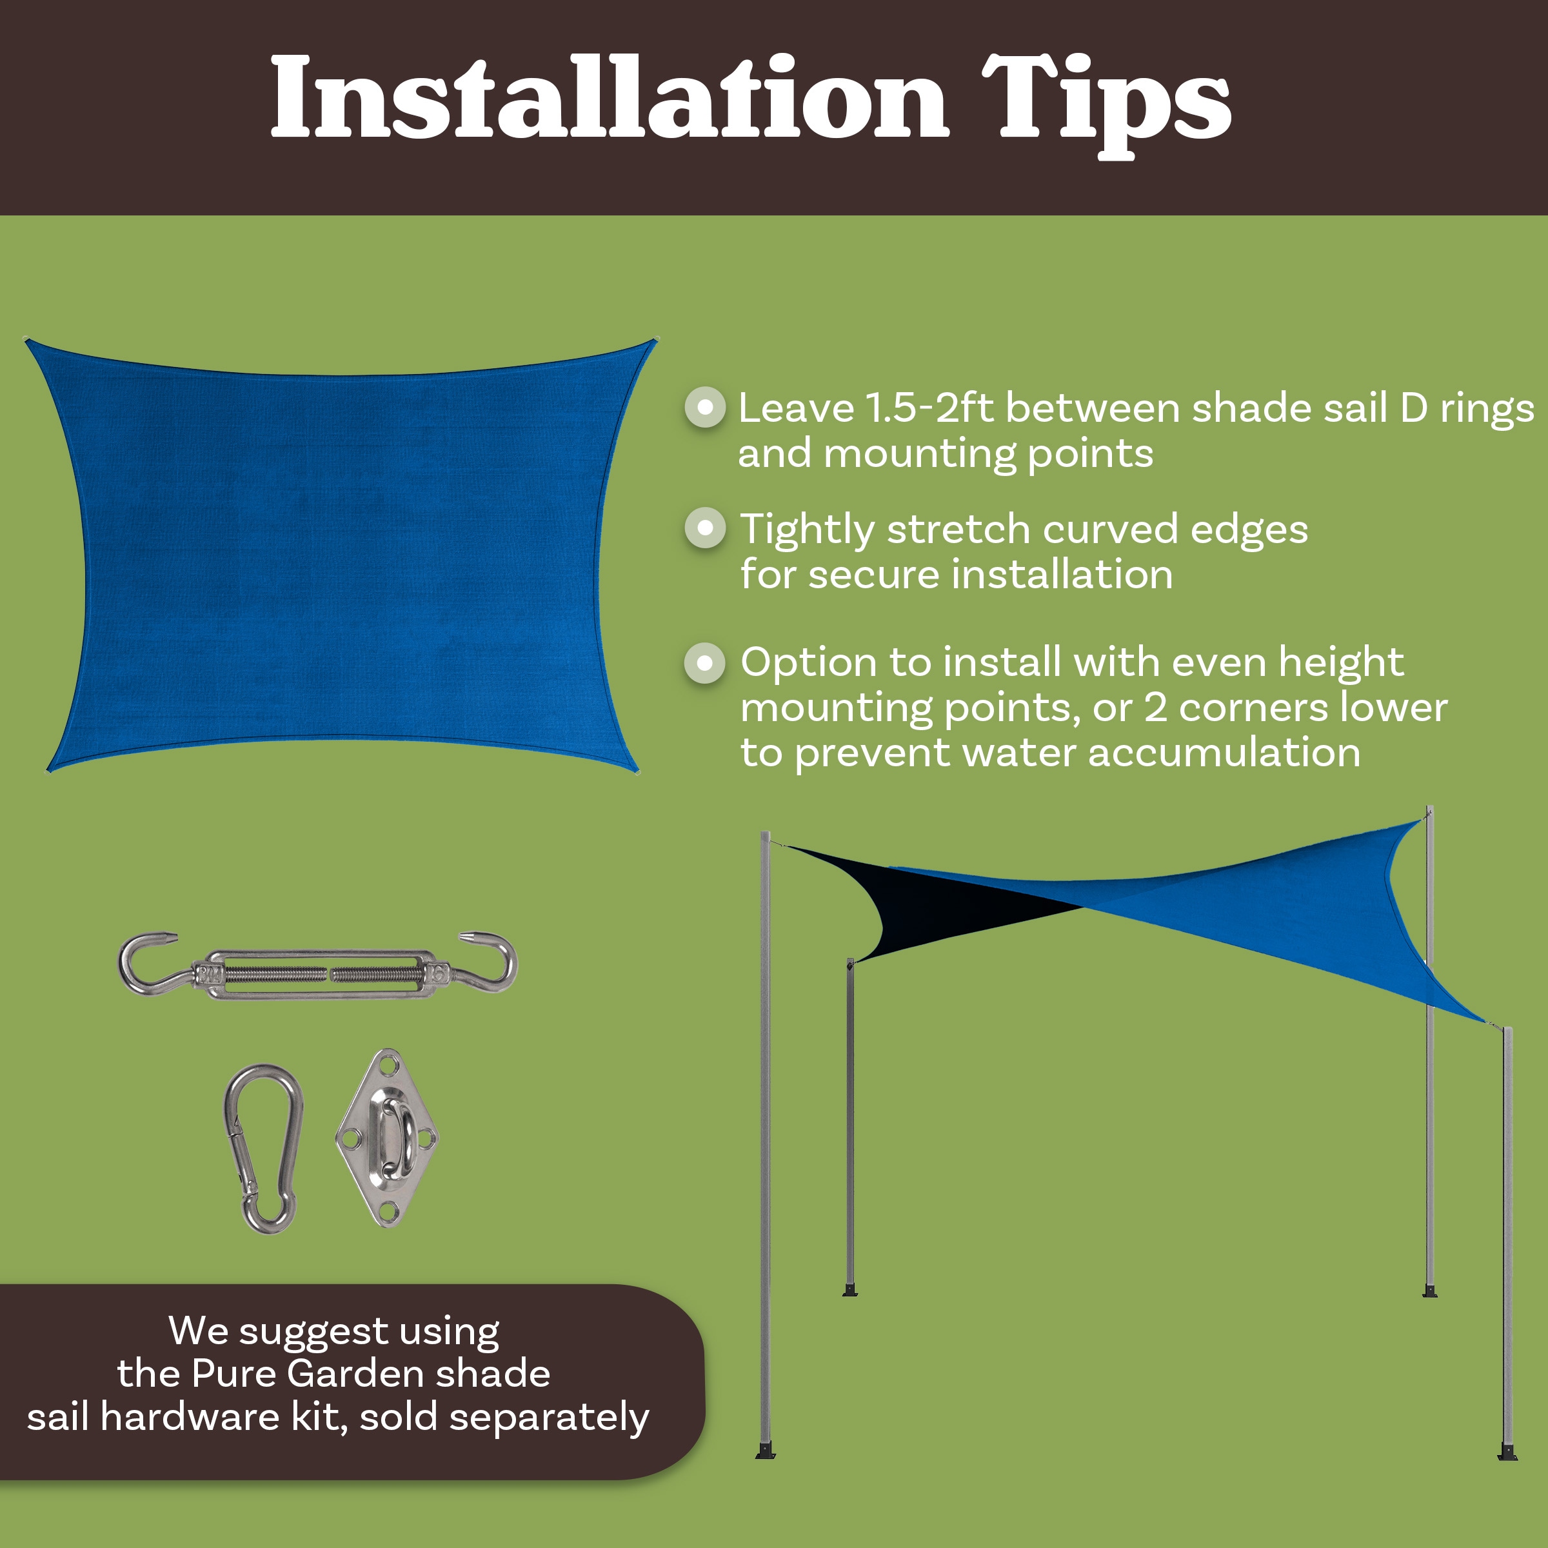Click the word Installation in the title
609,98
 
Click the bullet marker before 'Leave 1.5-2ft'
705,407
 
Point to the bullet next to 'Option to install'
705,662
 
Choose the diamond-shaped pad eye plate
388,1138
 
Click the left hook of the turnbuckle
148,962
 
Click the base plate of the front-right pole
1508,1452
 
